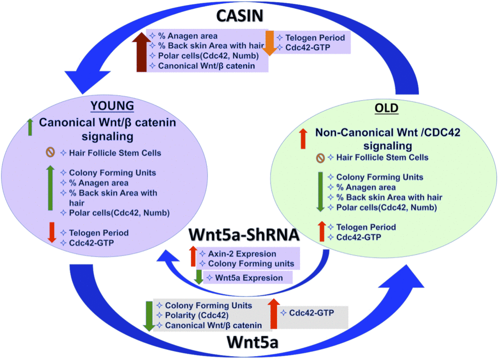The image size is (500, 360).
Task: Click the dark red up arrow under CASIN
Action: click(x=141, y=52)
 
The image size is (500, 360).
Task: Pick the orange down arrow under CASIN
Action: click(x=269, y=43)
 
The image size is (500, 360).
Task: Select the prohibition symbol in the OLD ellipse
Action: click(x=321, y=157)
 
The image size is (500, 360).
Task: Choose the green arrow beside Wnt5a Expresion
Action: click(x=198, y=277)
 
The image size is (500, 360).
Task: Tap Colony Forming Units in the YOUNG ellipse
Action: click(x=112, y=173)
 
